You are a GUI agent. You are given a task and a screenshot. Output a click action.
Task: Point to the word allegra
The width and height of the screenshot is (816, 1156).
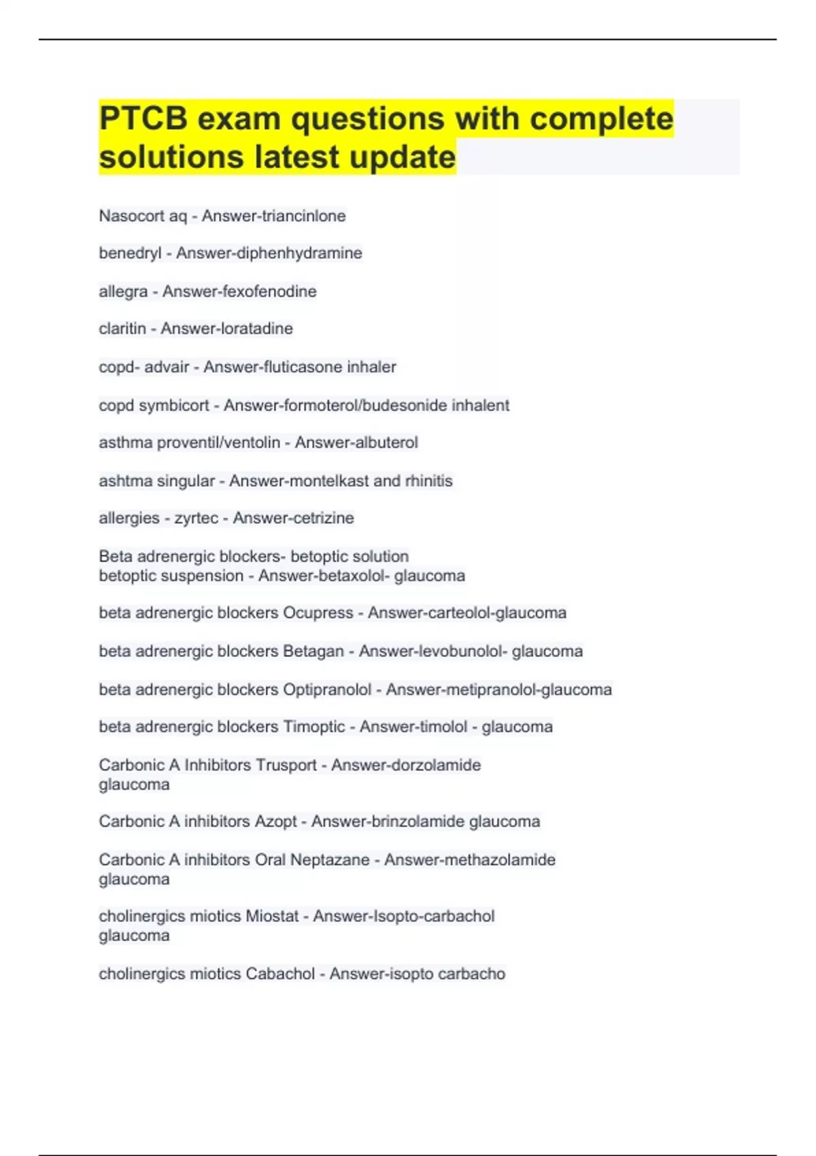pos(123,292)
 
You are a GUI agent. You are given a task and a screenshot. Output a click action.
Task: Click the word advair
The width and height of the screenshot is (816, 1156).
pos(167,367)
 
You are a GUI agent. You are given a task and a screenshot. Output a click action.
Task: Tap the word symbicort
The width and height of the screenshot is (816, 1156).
pos(173,406)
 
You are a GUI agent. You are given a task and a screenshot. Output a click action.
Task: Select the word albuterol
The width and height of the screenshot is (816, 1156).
pos(386,443)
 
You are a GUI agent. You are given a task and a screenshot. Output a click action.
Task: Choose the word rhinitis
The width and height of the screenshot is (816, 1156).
pos(428,481)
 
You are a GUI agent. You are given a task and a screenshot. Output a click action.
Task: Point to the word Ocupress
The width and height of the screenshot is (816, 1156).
pos(318,613)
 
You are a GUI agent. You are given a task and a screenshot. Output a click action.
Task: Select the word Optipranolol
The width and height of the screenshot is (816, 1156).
pos(327,690)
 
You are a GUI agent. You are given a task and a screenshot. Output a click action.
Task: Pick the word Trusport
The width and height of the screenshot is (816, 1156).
pos(285,765)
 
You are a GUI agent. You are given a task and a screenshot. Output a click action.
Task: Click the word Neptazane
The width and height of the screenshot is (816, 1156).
pos(330,860)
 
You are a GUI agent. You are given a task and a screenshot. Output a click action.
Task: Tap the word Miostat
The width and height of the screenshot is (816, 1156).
pos(272,917)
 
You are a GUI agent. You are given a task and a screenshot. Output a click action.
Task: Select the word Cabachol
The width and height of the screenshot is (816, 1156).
pos(280,974)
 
